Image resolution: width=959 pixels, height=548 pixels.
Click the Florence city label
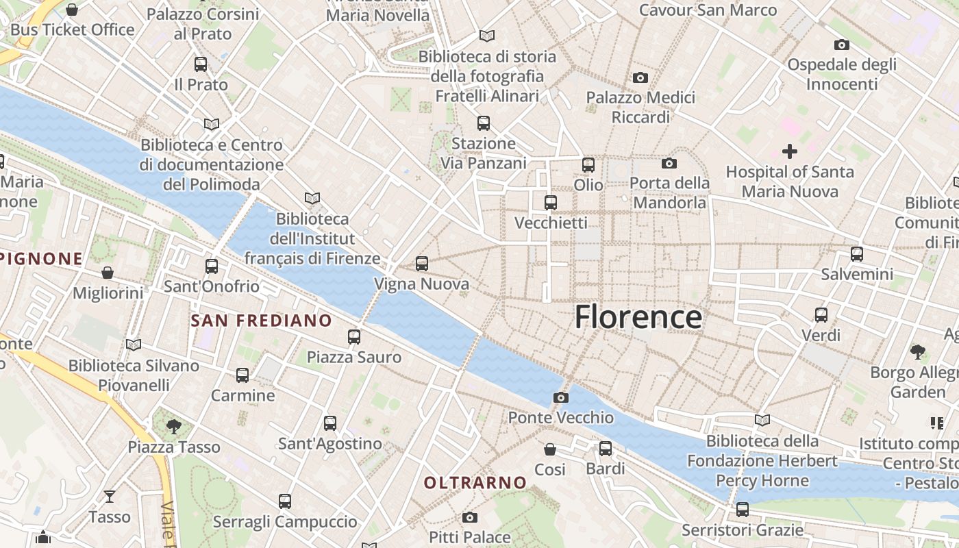point(638,317)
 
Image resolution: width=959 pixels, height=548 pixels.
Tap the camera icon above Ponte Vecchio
point(560,397)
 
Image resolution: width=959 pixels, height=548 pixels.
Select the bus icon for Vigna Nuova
point(422,264)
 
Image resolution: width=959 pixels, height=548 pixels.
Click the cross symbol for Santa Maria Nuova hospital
point(790,151)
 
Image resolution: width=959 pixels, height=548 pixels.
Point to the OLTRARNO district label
point(475,483)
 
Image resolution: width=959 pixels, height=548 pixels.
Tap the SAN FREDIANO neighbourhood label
point(261,321)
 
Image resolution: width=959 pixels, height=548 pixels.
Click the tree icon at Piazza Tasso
point(174,426)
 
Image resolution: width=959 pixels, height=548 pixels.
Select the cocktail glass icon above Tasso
point(110,496)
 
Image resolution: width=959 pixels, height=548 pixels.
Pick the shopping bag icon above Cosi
point(549,449)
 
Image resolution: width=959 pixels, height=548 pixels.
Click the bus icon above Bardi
point(606,449)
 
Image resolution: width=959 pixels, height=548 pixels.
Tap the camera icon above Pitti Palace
point(469,517)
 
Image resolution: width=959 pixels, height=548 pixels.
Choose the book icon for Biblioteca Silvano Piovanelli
point(134,345)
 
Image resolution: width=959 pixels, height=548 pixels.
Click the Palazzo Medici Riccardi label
point(640,108)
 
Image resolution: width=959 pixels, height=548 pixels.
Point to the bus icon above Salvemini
point(856,254)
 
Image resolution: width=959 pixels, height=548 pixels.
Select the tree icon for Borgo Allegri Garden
point(918,352)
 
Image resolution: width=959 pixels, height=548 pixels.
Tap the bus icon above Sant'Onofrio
point(212,266)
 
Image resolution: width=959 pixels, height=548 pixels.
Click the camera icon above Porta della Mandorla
point(669,163)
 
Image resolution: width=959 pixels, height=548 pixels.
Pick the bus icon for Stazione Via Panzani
point(484,123)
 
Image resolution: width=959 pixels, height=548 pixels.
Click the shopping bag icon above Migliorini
point(108,273)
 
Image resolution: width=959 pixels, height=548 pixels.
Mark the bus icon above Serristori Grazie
point(743,510)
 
